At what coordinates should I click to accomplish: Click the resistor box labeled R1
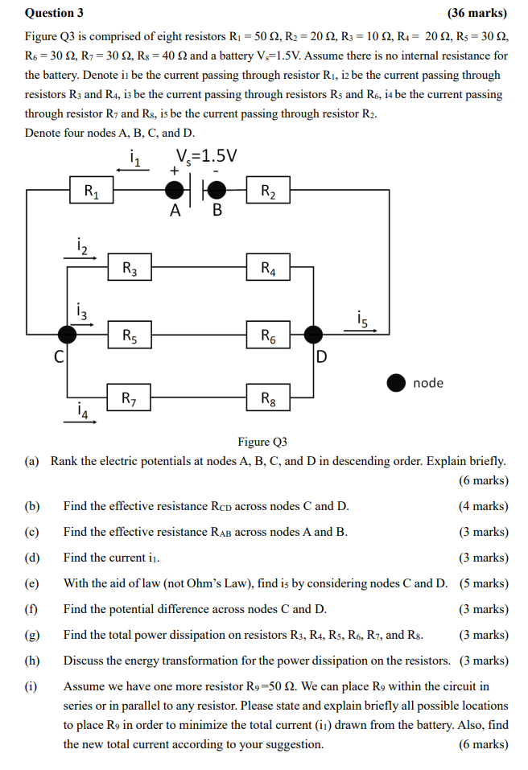point(91,191)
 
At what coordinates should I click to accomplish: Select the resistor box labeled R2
point(268,191)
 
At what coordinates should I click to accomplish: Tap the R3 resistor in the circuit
point(130,268)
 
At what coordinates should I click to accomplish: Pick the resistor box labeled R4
point(268,268)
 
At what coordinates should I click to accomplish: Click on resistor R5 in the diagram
point(130,335)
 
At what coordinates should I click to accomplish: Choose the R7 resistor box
point(130,397)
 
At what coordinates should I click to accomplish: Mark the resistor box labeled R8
point(268,397)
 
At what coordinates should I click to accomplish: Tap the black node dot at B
point(216,191)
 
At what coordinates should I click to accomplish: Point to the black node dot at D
point(312,335)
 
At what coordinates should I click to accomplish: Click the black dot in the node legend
point(396,383)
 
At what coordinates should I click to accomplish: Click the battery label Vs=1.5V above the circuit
point(206,155)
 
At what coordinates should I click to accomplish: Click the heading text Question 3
point(54,13)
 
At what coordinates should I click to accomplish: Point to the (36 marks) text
point(477,13)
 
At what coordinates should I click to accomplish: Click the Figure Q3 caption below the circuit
point(262,442)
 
